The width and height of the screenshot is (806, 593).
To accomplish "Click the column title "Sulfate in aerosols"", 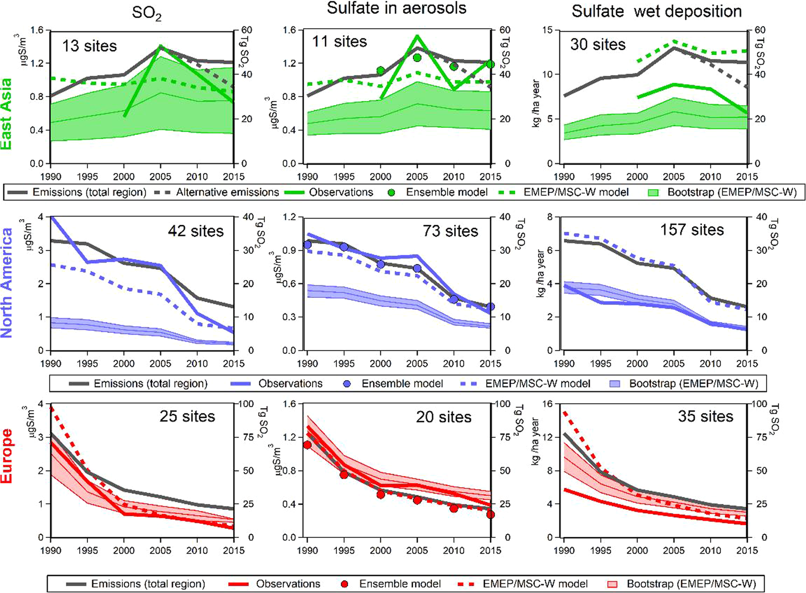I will [396, 9].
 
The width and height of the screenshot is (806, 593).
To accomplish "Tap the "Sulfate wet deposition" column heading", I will [656, 11].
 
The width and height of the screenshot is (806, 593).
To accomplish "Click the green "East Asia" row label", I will [7, 114].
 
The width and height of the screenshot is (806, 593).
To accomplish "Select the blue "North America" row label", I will [7, 283].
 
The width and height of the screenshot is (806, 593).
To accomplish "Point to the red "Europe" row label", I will [7, 456].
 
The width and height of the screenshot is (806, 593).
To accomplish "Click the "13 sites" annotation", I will [89, 46].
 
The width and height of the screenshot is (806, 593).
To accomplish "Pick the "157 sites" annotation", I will [692, 230].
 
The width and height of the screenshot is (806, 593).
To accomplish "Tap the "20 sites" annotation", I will [443, 417].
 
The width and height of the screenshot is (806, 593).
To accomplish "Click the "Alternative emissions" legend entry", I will [227, 192].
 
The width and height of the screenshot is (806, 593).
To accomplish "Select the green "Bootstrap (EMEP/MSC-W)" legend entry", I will [731, 192].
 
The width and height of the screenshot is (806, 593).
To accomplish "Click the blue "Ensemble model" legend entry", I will [402, 384].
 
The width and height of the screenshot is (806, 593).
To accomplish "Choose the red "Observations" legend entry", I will [288, 584].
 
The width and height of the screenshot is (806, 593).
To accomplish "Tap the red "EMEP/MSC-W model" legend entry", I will [534, 584].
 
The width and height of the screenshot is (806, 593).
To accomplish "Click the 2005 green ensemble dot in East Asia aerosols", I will [417, 57].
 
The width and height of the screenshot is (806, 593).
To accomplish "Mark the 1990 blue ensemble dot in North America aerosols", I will [307, 245].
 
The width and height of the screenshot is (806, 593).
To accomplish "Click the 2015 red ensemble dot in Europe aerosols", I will [490, 515].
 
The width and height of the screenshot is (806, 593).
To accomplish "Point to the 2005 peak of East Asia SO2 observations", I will [160, 46].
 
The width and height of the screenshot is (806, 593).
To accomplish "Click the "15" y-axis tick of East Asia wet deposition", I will [547, 30].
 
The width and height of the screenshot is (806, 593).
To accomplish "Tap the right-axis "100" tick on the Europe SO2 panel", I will [247, 404].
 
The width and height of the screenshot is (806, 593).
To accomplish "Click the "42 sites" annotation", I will [195, 231].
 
